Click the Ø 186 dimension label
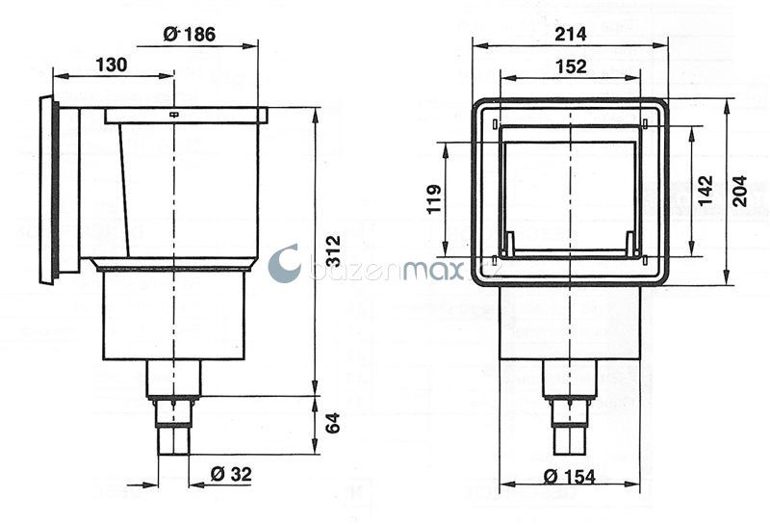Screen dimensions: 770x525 189,34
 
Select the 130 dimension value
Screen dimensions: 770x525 111,65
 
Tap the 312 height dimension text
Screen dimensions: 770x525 333,250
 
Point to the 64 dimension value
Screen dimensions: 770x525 332,423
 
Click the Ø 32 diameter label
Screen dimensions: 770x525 231,474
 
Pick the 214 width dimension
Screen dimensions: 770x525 570,34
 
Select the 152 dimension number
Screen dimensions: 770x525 571,66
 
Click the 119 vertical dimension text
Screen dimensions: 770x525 434,199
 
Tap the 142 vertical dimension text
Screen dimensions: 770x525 705,191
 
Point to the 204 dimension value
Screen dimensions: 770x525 739,191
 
